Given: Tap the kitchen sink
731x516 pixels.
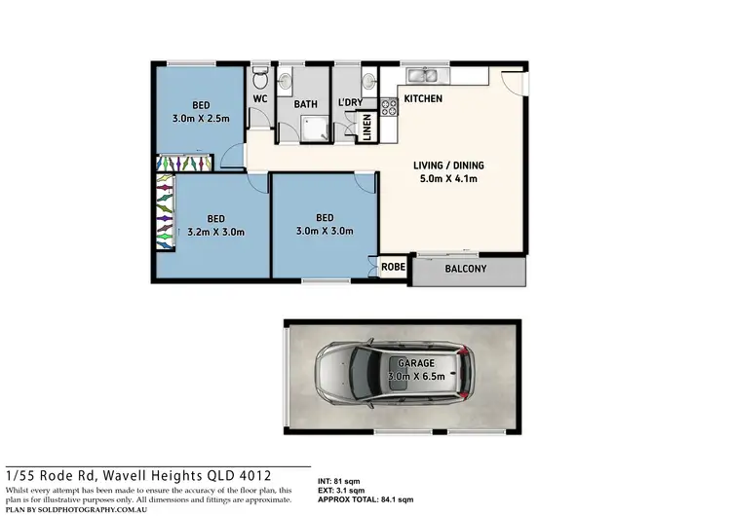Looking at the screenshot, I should pos(425,75).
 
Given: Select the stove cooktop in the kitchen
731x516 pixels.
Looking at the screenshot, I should pos(387,107).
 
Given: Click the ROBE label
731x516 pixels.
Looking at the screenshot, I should pos(393,266).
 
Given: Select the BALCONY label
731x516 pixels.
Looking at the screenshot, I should pos(465,270).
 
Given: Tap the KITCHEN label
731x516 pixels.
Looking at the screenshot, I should pos(423,99).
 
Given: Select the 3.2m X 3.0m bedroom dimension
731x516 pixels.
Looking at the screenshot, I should pos(214,232).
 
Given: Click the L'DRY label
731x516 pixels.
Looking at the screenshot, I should pos(350,101).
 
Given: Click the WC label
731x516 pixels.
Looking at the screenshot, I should pos(260,99).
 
